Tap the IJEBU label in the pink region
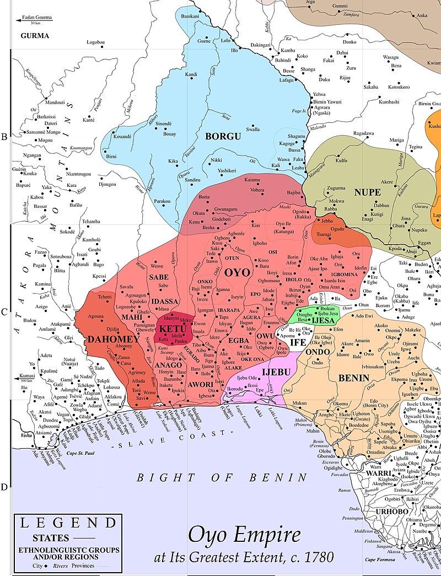276,373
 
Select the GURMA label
35,36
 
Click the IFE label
298,342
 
